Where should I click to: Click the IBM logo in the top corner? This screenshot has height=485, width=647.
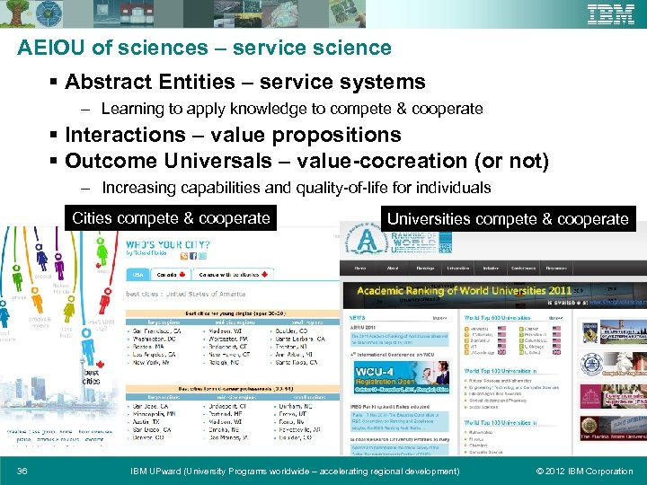[610, 15]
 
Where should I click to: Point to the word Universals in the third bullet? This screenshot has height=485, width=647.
[199, 162]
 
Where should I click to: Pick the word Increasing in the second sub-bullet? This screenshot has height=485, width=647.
[140, 188]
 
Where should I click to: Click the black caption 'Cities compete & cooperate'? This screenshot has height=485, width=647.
[171, 218]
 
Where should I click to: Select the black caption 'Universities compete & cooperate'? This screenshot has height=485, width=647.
[508, 219]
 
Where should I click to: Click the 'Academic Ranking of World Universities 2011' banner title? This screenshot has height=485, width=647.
[464, 291]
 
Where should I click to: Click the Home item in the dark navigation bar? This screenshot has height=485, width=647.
[360, 268]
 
